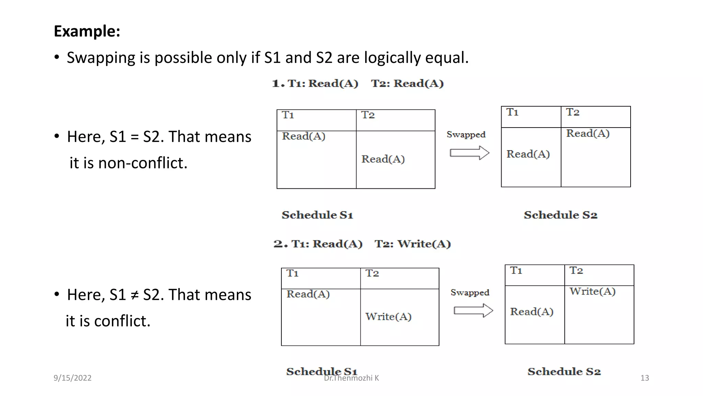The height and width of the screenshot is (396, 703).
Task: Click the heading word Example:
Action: click(x=87, y=31)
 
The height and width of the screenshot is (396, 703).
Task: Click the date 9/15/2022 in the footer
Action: click(x=72, y=378)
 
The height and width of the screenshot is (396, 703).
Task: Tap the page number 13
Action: click(x=645, y=378)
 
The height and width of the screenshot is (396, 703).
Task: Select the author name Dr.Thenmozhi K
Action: click(x=351, y=378)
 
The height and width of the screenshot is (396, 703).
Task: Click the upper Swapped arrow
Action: click(x=469, y=153)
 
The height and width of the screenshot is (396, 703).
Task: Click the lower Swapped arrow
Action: click(x=473, y=310)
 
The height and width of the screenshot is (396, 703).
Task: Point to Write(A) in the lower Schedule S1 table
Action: click(x=388, y=317)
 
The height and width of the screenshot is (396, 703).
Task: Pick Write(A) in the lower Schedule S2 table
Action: click(x=592, y=291)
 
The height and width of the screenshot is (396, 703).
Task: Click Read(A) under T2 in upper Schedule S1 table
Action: click(x=383, y=159)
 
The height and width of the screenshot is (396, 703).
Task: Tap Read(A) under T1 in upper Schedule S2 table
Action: click(x=528, y=154)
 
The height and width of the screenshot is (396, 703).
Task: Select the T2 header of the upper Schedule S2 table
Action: click(x=573, y=112)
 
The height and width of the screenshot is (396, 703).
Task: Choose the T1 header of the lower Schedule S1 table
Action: click(x=292, y=273)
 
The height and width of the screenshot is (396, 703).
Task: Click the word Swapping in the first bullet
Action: click(x=101, y=57)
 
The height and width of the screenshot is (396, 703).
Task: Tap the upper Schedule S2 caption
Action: click(x=560, y=215)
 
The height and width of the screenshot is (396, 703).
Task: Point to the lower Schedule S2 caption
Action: click(x=564, y=372)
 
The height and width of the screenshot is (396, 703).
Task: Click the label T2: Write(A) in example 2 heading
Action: click(x=413, y=244)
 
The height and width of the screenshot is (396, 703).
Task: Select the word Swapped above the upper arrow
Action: click(x=466, y=135)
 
